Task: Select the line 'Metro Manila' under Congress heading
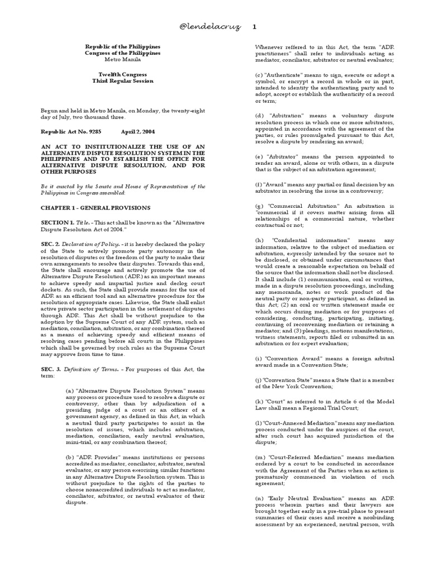tap(122, 60)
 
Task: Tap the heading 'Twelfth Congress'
tap(122, 74)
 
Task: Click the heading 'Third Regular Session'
tap(122, 81)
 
